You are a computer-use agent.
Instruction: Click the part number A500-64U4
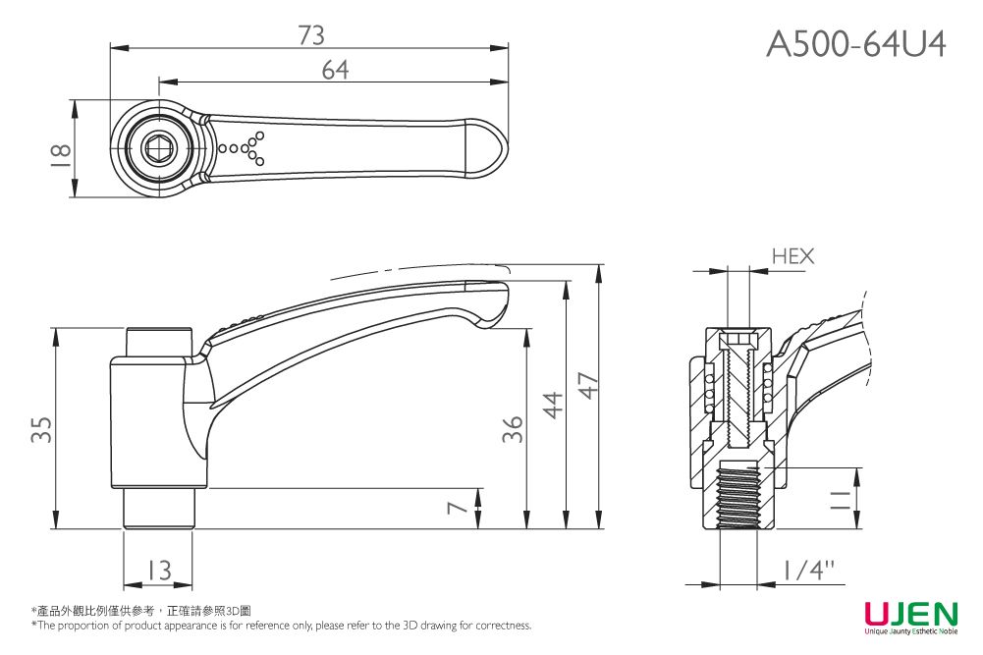[x=855, y=43]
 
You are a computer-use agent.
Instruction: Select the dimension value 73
[x=310, y=35]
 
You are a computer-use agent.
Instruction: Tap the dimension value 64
[x=335, y=70]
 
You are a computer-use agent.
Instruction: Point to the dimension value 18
[x=60, y=150]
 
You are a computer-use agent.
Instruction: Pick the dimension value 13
[x=157, y=569]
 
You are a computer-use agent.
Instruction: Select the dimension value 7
[x=454, y=508]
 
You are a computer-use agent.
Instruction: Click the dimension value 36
[x=512, y=427]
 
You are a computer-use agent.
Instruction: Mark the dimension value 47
[x=586, y=387]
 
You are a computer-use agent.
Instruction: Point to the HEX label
[x=792, y=256]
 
